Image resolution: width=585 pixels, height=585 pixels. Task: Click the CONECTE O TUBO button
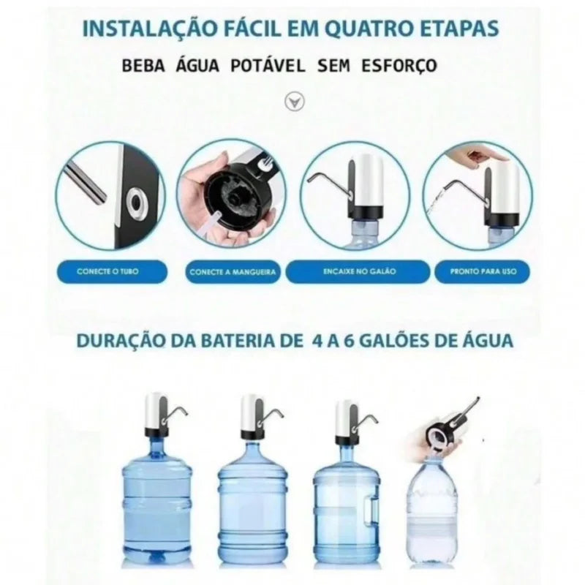click(x=107, y=272)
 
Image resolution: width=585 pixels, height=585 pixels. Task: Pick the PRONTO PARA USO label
click(x=476, y=272)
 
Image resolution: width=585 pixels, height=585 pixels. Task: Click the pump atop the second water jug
click(x=252, y=413)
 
